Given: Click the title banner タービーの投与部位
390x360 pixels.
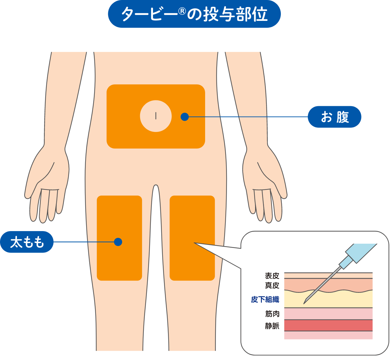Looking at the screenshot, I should click(x=194, y=14).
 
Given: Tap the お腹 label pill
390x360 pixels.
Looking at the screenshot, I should click(x=335, y=117).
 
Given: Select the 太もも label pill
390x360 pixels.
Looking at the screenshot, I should click(x=27, y=242).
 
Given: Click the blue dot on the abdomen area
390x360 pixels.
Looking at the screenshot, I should click(x=185, y=117).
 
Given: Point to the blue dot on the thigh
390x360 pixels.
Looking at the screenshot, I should click(x=118, y=242).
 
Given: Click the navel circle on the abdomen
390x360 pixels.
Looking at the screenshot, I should click(x=156, y=116).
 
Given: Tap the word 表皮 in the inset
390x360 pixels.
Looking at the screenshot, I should click(x=272, y=276).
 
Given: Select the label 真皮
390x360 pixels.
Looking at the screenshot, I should click(x=272, y=285).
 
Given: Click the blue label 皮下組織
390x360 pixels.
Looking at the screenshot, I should click(x=265, y=300).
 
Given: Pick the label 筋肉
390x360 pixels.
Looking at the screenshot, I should click(x=272, y=314).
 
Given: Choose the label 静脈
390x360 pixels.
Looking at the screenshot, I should click(x=272, y=326).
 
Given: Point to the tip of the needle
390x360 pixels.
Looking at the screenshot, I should click(x=304, y=303).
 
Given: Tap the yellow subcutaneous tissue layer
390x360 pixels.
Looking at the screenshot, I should click(x=337, y=300).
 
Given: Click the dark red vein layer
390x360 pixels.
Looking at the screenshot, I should click(x=328, y=325).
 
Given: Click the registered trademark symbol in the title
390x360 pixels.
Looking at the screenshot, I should click(x=182, y=11).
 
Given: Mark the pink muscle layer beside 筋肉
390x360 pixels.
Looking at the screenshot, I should click(x=328, y=314).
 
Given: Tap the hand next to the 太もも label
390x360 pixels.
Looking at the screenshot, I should click(x=48, y=184).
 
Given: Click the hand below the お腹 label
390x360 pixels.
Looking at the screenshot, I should click(x=265, y=184).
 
